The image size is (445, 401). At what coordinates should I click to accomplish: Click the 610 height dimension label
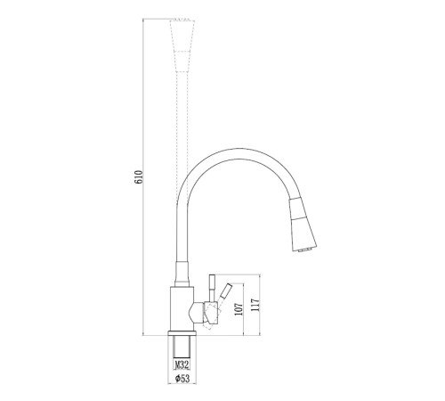[139, 177]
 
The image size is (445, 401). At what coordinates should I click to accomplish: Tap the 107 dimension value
[239, 309]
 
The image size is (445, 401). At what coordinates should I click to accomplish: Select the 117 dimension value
[255, 305]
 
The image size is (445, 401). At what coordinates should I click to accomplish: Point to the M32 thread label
[182, 364]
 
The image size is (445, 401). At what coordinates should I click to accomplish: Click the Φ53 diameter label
[182, 379]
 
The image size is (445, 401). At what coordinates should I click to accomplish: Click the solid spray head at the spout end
[302, 225]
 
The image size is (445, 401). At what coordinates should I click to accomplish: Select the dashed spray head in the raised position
[182, 45]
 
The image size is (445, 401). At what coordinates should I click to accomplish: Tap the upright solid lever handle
[212, 288]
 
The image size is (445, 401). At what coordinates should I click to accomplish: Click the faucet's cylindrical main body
[182, 309]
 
